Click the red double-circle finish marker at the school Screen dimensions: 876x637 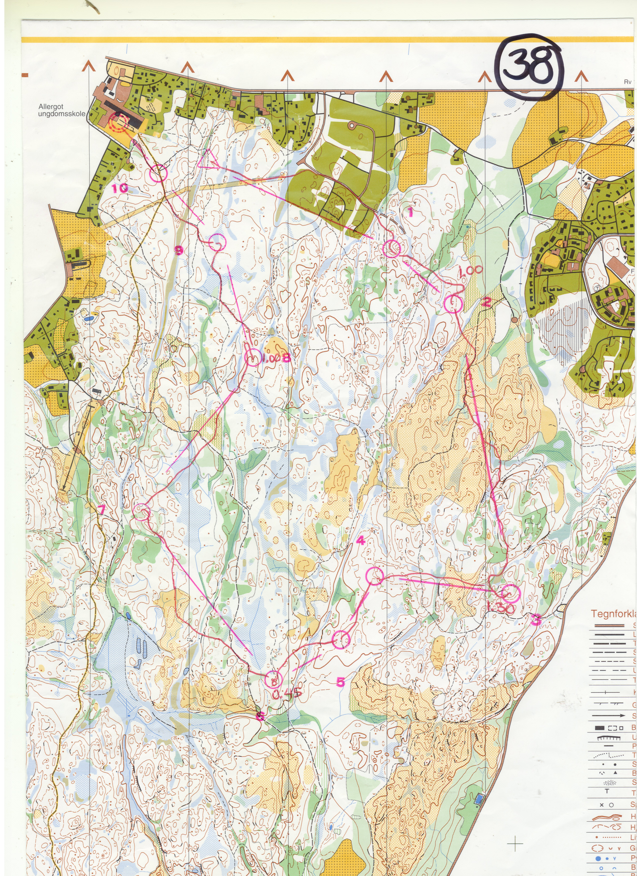(118, 123)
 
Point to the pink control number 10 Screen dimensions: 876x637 (120, 189)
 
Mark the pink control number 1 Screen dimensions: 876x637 (410, 212)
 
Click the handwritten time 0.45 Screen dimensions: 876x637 (287, 693)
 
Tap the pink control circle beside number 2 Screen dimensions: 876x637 (453, 304)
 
